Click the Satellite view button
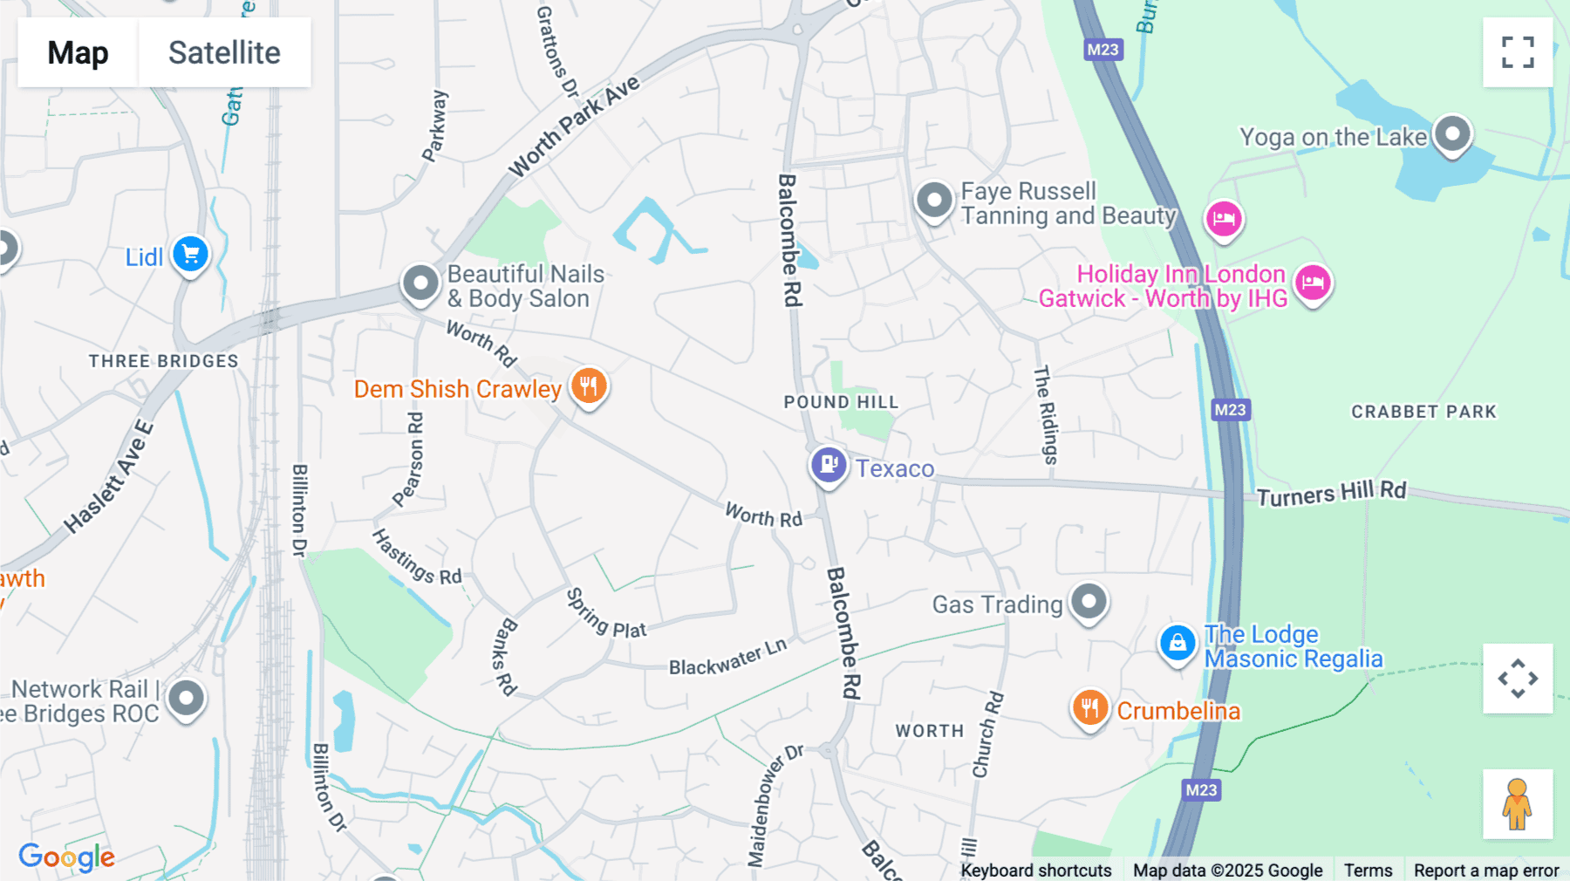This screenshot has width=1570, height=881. pyautogui.click(x=224, y=52)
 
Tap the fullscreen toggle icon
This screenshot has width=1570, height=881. pyautogui.click(x=1518, y=52)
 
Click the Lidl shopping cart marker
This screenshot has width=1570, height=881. pyautogui.click(x=190, y=255)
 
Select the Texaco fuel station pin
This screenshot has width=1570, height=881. pyautogui.click(x=828, y=466)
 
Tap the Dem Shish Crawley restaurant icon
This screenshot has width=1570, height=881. pyautogui.click(x=589, y=386)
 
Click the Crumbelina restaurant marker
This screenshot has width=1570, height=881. pyautogui.click(x=1089, y=708)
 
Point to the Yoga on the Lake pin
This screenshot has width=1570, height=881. pyautogui.click(x=1452, y=135)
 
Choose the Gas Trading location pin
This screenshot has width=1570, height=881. pyautogui.click(x=1089, y=602)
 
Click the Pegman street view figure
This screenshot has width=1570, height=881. pyautogui.click(x=1518, y=804)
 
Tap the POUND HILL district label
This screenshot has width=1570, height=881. pyautogui.click(x=841, y=402)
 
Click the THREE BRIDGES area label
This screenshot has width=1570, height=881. pyautogui.click(x=163, y=361)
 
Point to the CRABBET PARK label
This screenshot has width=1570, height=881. pyautogui.click(x=1423, y=412)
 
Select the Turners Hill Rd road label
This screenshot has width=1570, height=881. pyautogui.click(x=1331, y=494)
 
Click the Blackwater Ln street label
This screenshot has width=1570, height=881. pyautogui.click(x=727, y=657)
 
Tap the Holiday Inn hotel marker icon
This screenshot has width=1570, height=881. pyautogui.click(x=1313, y=283)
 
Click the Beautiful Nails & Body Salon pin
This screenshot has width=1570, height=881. pyautogui.click(x=420, y=283)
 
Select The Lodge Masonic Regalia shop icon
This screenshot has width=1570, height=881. pyautogui.click(x=1177, y=644)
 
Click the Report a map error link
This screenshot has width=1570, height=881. pyautogui.click(x=1485, y=871)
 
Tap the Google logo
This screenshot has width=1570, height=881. pyautogui.click(x=67, y=857)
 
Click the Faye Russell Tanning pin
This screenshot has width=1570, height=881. pyautogui.click(x=934, y=201)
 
